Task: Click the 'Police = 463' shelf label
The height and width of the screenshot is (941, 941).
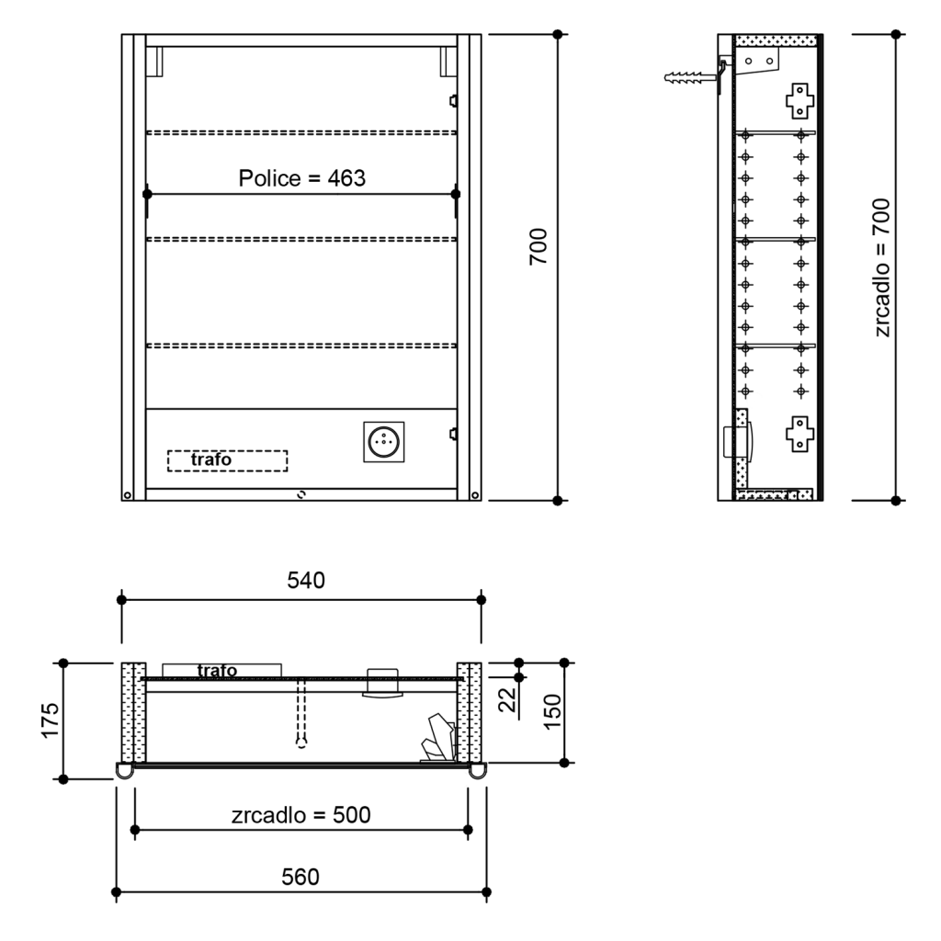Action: pos(302,178)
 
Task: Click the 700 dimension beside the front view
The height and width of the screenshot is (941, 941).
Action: pos(539,246)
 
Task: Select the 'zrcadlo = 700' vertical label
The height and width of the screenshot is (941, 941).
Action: pos(883,266)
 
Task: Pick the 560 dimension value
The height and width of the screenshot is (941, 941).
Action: pos(300,876)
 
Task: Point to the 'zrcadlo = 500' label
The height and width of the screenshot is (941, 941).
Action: pos(301,814)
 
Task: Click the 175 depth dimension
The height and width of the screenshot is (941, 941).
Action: pos(50,721)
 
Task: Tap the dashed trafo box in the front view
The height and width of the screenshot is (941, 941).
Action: pos(227,459)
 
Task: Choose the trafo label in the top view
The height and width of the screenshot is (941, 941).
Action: pos(216,671)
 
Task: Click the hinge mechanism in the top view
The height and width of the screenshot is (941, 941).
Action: pos(438,740)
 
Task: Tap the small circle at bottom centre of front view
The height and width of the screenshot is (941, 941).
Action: pos(300,494)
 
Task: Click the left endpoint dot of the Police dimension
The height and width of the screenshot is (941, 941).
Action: pos(147,194)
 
